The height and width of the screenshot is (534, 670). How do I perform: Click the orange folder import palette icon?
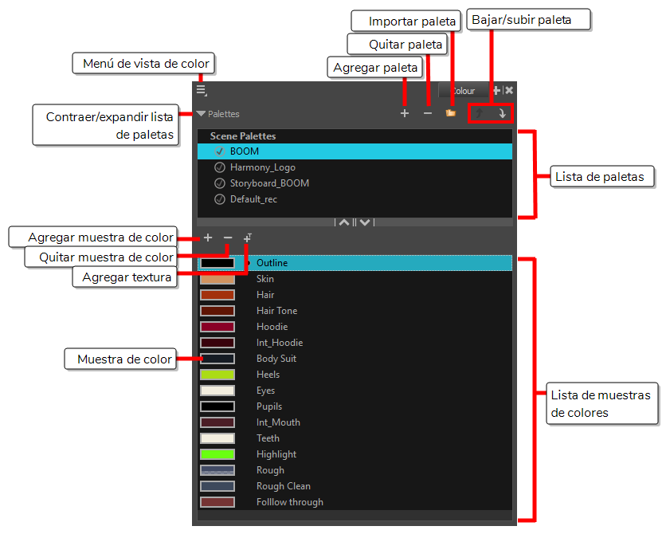[450, 113]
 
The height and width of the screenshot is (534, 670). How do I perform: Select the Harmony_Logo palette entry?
[262, 167]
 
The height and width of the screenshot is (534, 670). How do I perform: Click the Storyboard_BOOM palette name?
[269, 183]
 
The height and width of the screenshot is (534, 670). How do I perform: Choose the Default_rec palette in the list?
[253, 199]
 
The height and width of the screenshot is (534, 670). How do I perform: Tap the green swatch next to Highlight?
[217, 454]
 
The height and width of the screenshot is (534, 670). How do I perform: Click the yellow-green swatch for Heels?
[217, 375]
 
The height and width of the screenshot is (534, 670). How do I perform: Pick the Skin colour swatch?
[217, 279]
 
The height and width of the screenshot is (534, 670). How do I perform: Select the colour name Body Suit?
[276, 359]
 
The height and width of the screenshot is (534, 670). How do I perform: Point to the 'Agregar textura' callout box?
[125, 277]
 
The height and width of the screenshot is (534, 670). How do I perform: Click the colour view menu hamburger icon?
[202, 91]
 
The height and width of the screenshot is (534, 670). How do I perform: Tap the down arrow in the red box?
[502, 113]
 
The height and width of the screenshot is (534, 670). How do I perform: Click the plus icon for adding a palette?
[405, 113]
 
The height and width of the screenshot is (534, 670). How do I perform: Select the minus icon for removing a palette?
[428, 113]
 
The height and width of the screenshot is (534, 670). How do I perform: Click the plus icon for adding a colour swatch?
[208, 238]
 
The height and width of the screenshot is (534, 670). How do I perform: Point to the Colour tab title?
[464, 91]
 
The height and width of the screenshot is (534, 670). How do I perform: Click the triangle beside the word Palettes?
[201, 113]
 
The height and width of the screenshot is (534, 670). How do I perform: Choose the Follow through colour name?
[290, 502]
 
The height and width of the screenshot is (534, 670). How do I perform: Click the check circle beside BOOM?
[220, 151]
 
